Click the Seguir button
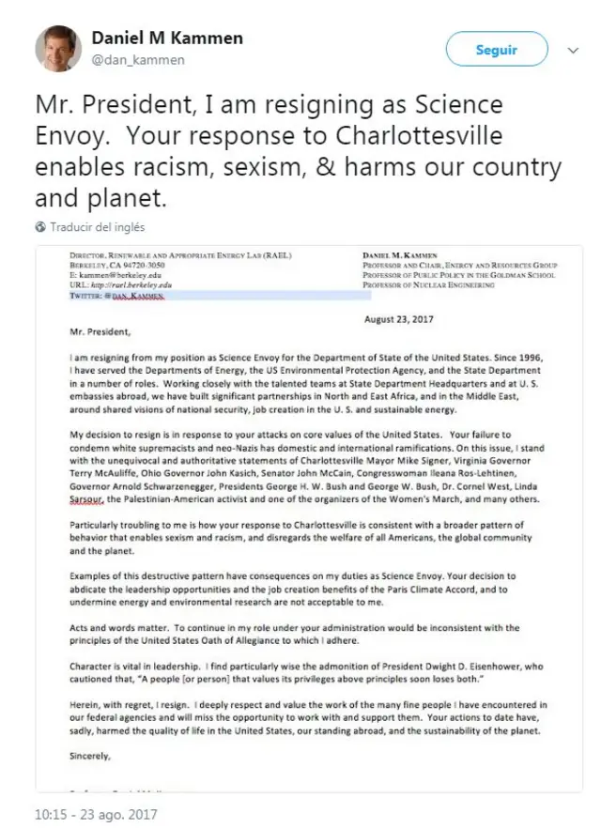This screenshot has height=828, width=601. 496,50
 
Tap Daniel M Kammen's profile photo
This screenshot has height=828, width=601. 58,48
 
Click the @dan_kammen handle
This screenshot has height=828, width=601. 137,60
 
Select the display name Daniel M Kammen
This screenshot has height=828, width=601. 166,38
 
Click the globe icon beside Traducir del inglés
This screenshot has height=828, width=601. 40,227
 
